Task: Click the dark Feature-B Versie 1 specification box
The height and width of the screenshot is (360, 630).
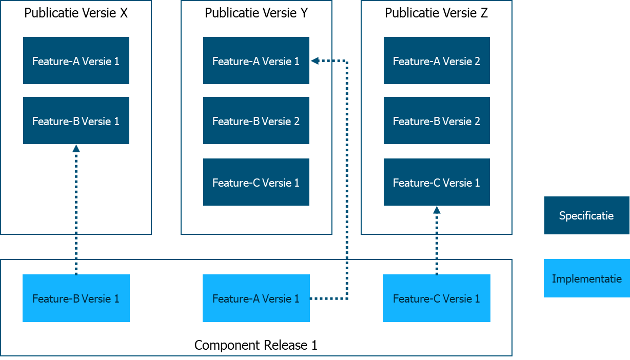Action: (76, 121)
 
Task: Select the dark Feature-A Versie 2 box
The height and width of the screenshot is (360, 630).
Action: (437, 61)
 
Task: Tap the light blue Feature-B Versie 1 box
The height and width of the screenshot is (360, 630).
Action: (76, 298)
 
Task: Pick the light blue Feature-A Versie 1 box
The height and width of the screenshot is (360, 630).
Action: (256, 298)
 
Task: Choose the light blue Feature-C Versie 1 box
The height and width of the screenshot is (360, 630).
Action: (437, 298)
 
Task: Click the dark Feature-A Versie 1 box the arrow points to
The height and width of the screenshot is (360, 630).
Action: (256, 61)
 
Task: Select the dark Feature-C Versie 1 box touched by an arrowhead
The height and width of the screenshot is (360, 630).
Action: (437, 182)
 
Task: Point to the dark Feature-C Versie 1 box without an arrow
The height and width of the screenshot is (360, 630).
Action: (256, 182)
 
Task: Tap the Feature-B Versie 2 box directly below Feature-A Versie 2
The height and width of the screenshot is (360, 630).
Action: (437, 121)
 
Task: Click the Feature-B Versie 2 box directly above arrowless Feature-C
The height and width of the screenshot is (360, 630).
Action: (256, 121)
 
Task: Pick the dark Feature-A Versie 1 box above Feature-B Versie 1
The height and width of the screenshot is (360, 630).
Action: (76, 61)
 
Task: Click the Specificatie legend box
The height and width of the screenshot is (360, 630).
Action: (586, 215)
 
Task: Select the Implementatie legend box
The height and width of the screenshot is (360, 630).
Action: (586, 278)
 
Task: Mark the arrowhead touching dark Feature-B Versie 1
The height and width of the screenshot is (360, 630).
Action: (76, 148)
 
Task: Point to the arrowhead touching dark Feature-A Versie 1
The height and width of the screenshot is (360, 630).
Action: (314, 61)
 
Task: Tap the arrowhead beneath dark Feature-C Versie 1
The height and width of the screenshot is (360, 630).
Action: (437, 210)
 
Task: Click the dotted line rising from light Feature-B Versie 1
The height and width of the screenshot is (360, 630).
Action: (76, 215)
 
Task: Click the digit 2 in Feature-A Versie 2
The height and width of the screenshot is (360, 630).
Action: (477, 61)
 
